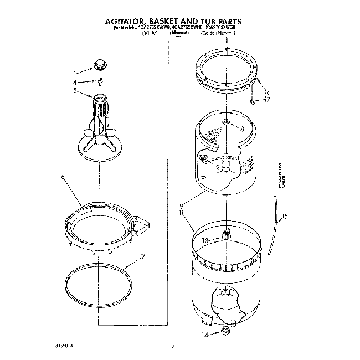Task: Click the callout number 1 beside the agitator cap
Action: (x=76, y=73)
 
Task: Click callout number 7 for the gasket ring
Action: (x=143, y=256)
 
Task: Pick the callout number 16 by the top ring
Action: (x=268, y=92)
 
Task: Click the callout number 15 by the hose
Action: (x=285, y=216)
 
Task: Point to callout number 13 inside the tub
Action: (x=205, y=240)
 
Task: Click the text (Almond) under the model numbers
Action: (x=179, y=34)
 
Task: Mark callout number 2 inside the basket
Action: (x=218, y=168)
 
